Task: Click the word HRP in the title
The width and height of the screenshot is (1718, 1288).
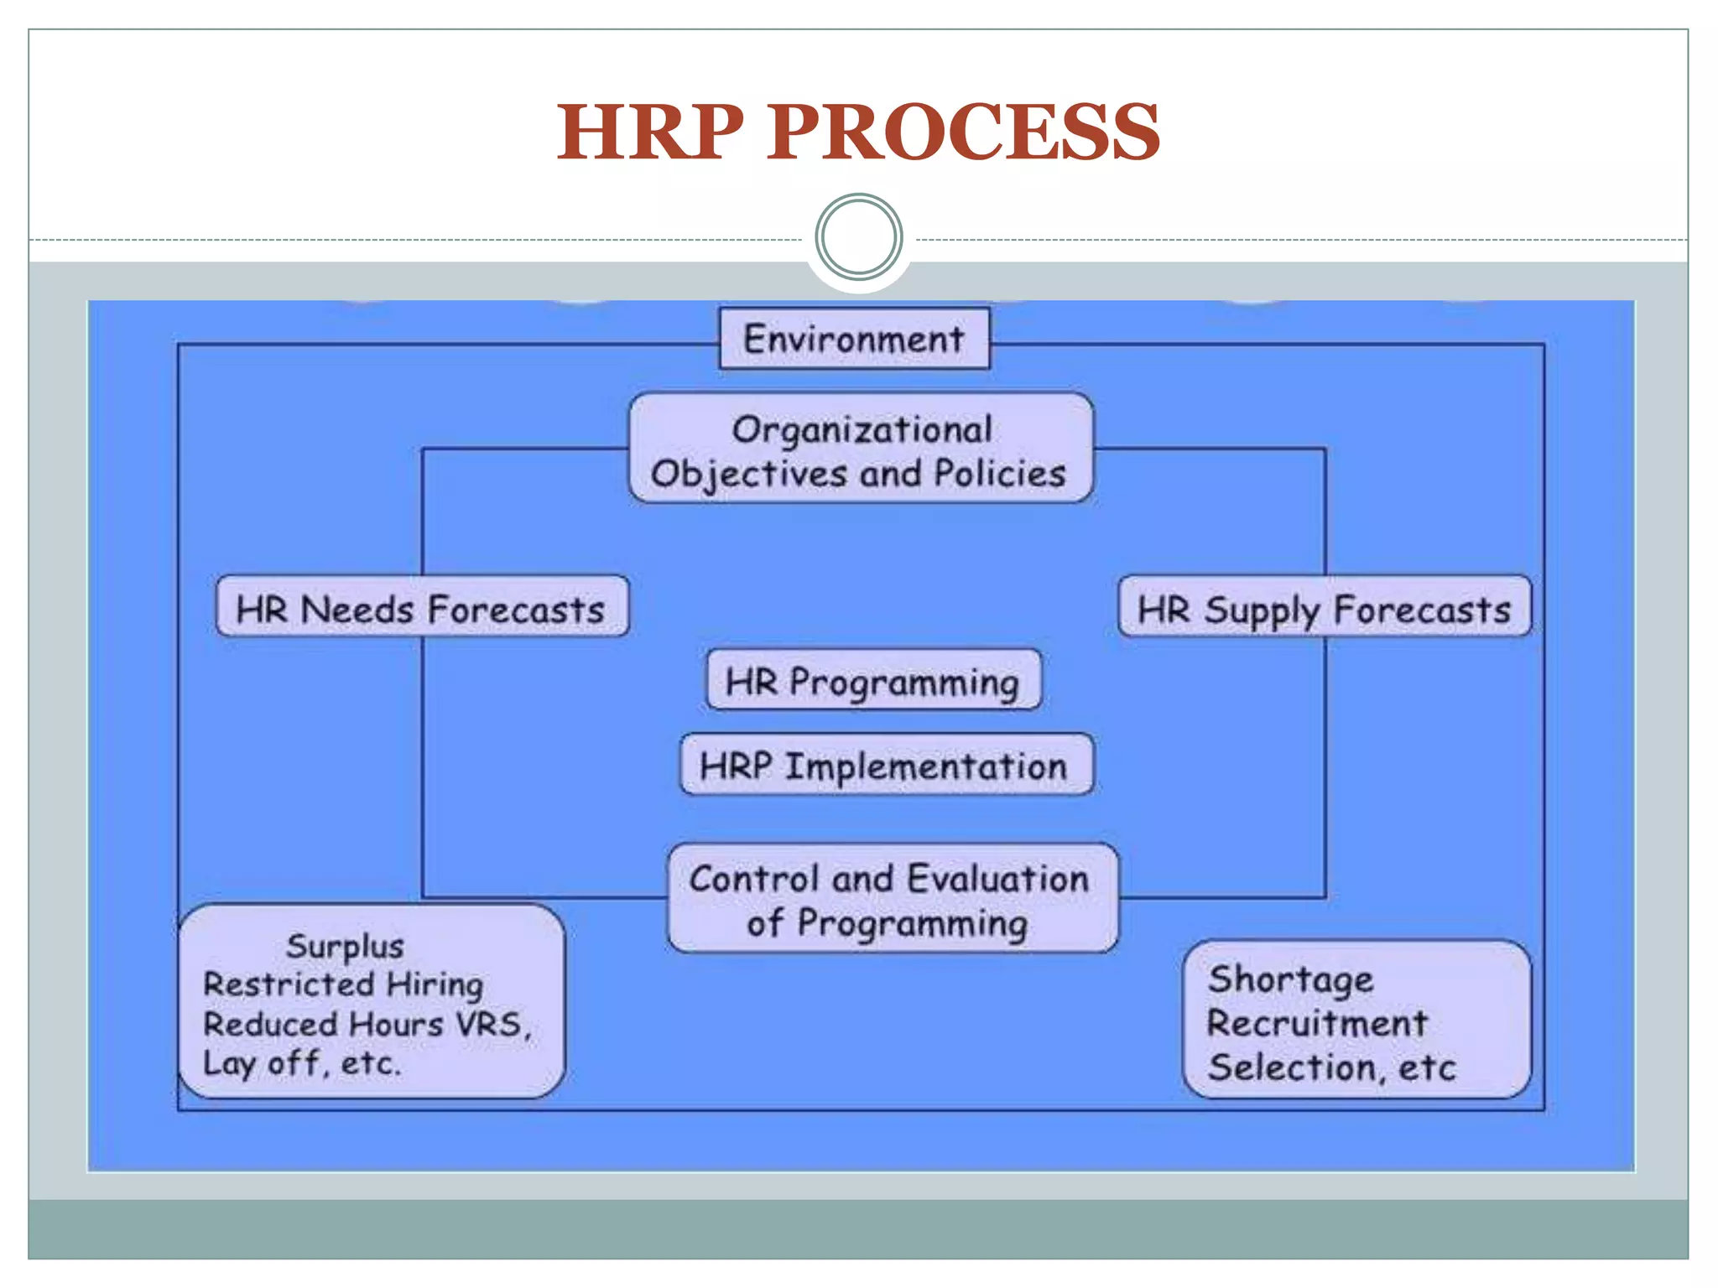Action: pos(650,132)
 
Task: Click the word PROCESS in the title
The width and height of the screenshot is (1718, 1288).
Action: pos(963,132)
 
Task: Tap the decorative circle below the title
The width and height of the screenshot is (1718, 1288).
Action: pos(858,237)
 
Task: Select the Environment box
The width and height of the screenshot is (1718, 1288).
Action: pos(854,339)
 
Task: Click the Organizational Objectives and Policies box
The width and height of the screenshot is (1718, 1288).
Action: pos(861,449)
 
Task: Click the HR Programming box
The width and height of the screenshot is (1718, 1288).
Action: pos(873,681)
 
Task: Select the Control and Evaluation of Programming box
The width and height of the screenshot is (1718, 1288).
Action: pos(892,899)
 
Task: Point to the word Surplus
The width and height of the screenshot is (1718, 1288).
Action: pos(345,946)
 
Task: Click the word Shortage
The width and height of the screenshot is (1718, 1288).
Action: pos(1290,979)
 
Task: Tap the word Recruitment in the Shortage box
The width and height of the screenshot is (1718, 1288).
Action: pos(1317,1023)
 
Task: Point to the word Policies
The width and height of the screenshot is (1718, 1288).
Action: pos(1000,474)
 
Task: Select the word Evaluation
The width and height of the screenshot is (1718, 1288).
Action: pos(998,879)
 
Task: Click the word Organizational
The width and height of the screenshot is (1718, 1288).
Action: pos(862,430)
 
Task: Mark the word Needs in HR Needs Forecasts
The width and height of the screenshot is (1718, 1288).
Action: pos(357,610)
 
